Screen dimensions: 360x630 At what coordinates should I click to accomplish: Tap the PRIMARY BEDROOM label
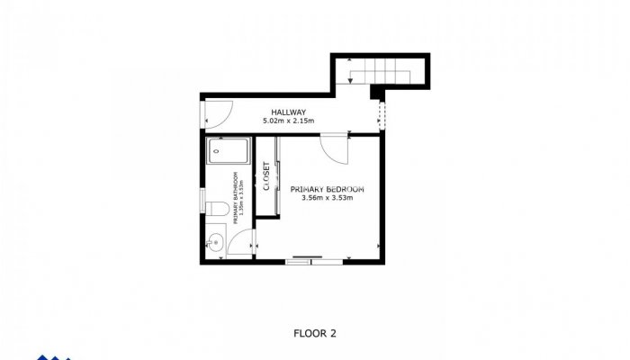point(327,189)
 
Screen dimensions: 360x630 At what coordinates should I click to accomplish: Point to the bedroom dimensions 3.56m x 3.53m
point(327,198)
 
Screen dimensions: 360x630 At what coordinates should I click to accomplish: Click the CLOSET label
point(266,175)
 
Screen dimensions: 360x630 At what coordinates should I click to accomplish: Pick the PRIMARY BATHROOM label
point(236,196)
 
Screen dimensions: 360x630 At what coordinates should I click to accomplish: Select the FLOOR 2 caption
point(315,333)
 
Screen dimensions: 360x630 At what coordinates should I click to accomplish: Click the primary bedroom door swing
point(334,148)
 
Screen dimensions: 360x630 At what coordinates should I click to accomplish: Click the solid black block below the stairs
point(376,91)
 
